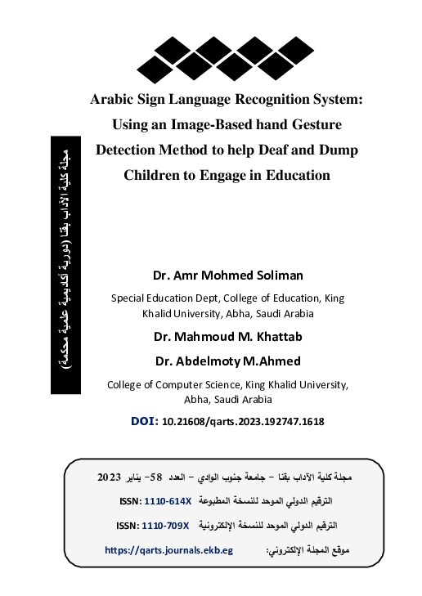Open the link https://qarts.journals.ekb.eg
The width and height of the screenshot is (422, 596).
point(170,551)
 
